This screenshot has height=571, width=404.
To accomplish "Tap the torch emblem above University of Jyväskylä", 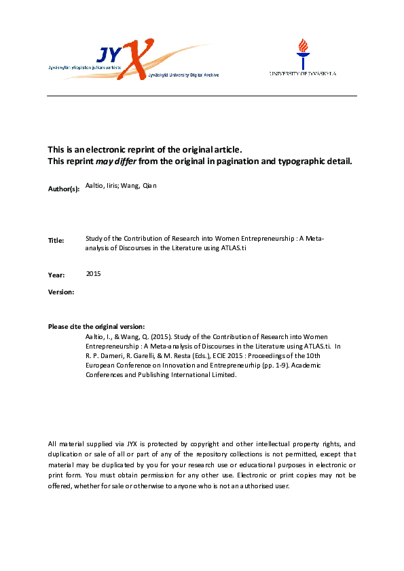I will click(x=302, y=52).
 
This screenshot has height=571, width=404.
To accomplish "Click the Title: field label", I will click(x=56, y=241).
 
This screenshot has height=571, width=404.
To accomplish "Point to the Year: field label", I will click(x=56, y=275).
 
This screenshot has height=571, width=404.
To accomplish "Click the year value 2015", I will click(x=93, y=273).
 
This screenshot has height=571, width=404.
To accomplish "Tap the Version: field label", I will click(x=61, y=292).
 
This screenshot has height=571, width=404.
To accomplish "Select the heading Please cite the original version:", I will click(x=96, y=327).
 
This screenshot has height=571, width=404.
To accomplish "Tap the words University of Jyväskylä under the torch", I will click(x=302, y=73).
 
